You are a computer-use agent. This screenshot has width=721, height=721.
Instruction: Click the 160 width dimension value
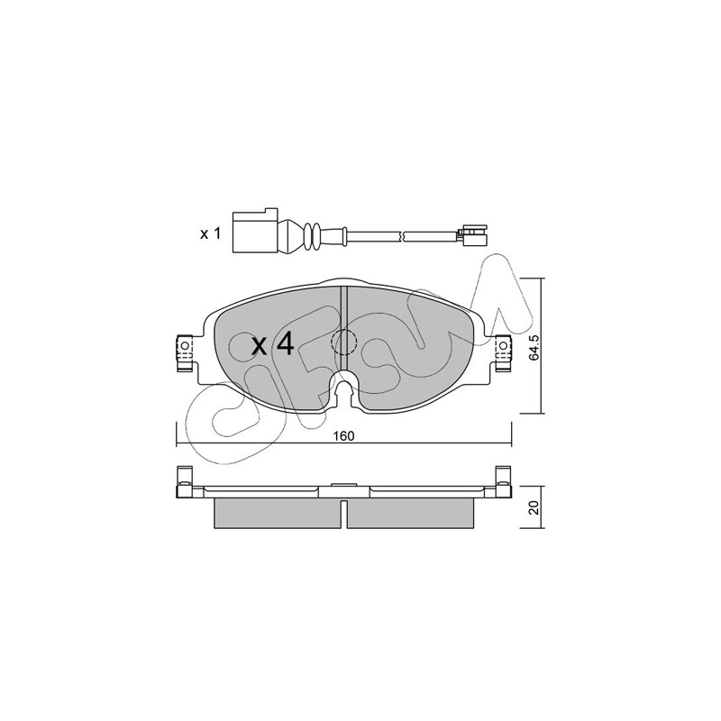[x=344, y=436]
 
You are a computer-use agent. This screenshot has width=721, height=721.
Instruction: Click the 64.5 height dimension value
[x=534, y=347]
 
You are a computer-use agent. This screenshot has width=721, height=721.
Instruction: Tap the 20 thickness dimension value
[x=534, y=507]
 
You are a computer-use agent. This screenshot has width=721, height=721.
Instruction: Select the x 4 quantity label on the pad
[x=272, y=345]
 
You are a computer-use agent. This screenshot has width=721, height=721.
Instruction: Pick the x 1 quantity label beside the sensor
[x=211, y=233]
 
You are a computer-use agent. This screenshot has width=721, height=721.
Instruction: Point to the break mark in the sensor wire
[x=403, y=234]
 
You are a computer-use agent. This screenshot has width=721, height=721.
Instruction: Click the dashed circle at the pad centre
[x=344, y=342]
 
